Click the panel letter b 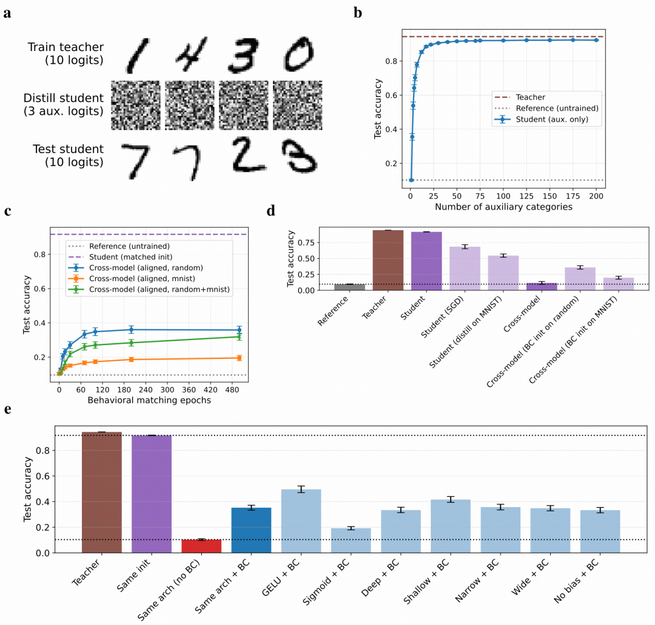pos(358,12)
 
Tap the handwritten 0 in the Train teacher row pos(297,55)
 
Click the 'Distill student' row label pos(62,105)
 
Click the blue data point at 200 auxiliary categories pos(597,40)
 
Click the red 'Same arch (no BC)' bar pos(201,546)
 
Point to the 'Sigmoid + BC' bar pos(351,541)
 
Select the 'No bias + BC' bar pos(600,531)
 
